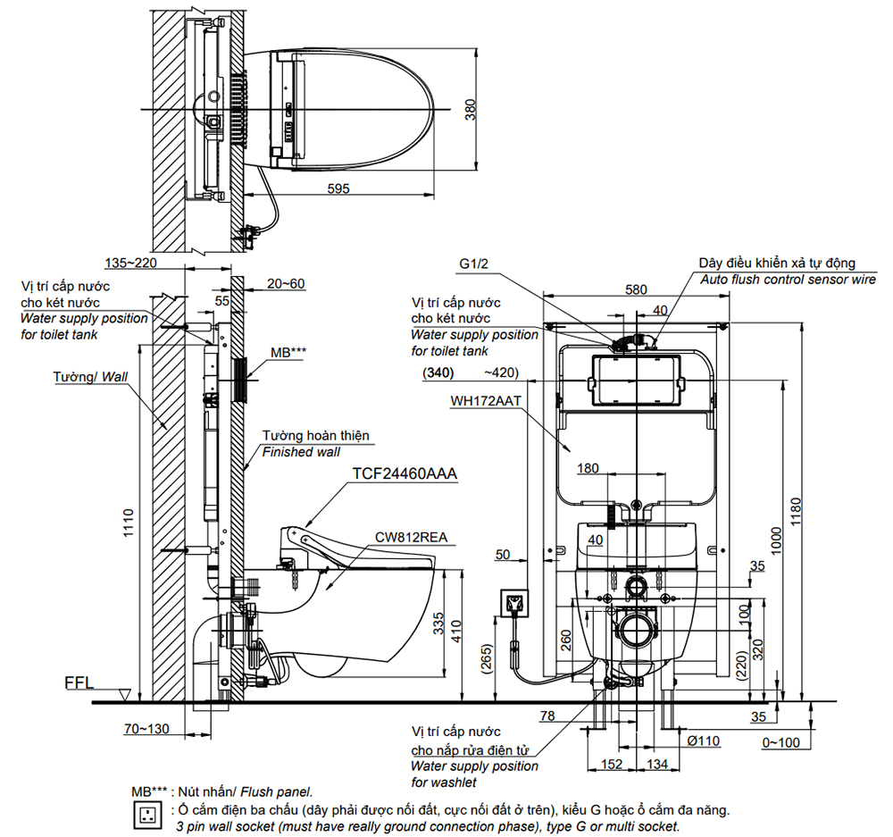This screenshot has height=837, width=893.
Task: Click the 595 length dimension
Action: [337, 188]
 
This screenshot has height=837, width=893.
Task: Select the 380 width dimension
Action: [471, 109]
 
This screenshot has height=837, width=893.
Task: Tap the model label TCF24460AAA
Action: [405, 475]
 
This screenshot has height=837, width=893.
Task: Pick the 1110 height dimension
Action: [128, 523]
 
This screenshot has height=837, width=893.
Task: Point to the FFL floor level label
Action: [79, 684]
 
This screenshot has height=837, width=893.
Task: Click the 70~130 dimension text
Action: [146, 729]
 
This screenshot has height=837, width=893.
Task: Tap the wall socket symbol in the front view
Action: [514, 604]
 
